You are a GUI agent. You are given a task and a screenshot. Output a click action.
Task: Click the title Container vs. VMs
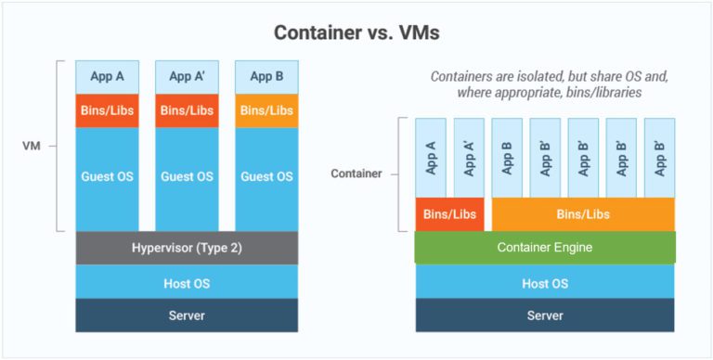click(x=357, y=32)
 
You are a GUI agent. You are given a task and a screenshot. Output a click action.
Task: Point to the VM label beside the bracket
click(x=32, y=146)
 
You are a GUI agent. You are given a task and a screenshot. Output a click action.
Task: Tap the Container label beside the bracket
click(x=356, y=174)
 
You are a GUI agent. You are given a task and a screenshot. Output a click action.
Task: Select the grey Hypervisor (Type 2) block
click(x=187, y=247)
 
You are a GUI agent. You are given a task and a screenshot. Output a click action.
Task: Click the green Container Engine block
click(x=545, y=248)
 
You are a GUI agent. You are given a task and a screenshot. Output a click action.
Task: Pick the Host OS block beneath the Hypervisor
click(x=187, y=282)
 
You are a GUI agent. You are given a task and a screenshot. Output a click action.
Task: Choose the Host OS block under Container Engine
click(x=545, y=283)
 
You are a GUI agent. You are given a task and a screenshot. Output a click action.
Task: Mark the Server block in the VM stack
click(x=187, y=315)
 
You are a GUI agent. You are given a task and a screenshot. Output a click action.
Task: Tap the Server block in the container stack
click(x=545, y=315)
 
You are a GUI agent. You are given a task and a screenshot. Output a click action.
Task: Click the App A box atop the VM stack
click(x=107, y=76)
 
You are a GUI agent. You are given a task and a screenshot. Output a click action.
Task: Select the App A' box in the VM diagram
click(x=187, y=76)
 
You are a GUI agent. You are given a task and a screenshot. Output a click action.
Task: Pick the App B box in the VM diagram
click(x=266, y=76)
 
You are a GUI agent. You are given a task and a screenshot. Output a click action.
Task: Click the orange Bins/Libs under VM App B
click(x=266, y=110)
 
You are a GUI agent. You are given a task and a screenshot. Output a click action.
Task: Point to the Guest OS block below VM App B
click(x=266, y=176)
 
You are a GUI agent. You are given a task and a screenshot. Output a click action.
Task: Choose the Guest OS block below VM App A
click(x=107, y=176)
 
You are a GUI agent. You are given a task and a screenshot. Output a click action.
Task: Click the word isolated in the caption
click(x=533, y=76)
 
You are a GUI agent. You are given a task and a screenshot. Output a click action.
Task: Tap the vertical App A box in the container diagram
click(x=431, y=158)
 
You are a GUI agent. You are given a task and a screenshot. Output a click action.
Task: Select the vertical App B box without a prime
click(x=507, y=158)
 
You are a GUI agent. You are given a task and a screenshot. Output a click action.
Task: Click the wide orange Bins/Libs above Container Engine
click(x=582, y=214)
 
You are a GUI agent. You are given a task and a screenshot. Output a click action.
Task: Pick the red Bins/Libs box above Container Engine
click(x=449, y=214)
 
